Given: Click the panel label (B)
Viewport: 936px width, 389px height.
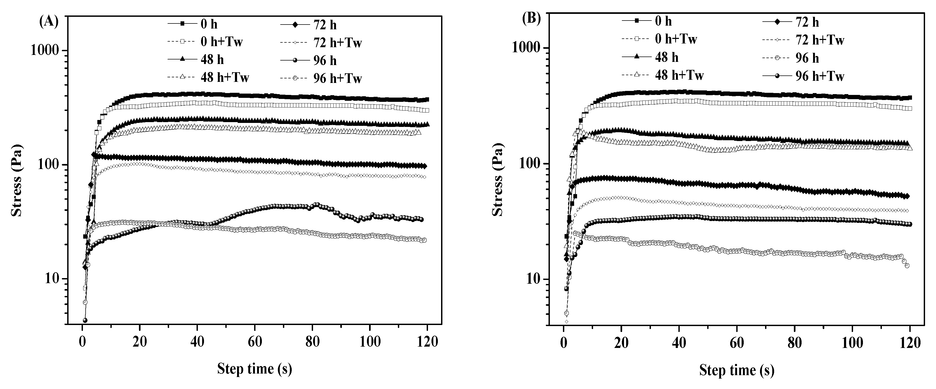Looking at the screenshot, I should [x=531, y=18].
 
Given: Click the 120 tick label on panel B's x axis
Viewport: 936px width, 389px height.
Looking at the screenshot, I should [x=910, y=343].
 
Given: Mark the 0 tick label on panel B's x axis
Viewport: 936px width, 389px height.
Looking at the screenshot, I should [x=563, y=343].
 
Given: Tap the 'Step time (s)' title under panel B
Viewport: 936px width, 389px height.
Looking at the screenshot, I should [x=737, y=370].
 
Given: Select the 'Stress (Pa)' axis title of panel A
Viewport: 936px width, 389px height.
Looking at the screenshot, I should [x=16, y=180].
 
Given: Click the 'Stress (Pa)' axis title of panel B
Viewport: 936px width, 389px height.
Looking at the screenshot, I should [x=497, y=180].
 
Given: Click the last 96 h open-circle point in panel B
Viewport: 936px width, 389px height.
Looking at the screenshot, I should [x=907, y=266].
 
